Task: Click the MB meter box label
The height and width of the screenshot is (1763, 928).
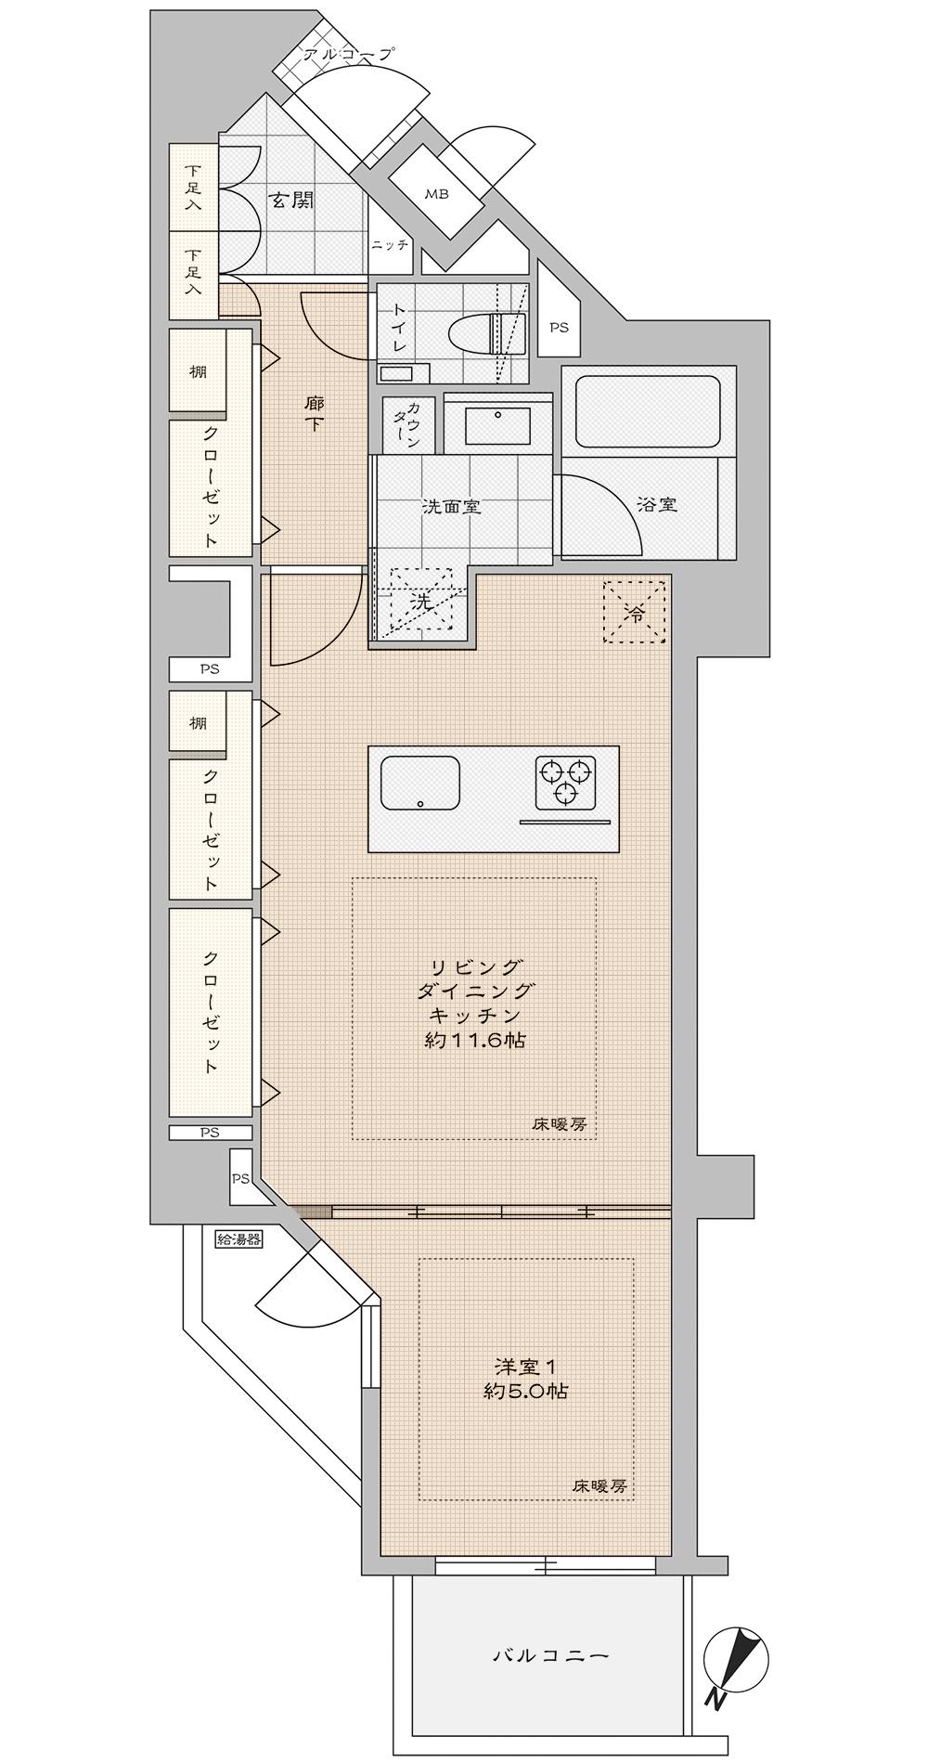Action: (436, 195)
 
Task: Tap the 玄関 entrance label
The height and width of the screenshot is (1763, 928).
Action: (290, 200)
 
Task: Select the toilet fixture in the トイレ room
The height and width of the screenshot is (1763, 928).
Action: (485, 333)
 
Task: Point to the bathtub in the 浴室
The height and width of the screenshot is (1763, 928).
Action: (648, 410)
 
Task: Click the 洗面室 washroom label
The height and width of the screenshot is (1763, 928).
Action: (451, 507)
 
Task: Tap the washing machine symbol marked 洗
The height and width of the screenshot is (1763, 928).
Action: (422, 602)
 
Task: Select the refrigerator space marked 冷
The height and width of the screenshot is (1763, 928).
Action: (635, 612)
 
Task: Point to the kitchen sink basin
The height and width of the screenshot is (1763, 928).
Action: (420, 783)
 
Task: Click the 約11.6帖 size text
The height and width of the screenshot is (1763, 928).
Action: (475, 1040)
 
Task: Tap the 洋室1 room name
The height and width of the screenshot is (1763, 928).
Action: (524, 1367)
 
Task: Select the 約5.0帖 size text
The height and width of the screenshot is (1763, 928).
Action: (525, 1392)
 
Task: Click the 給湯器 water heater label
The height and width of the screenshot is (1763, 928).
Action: (238, 1238)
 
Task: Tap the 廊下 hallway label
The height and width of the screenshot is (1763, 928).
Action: (315, 415)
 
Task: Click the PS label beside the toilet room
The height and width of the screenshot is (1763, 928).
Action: (559, 328)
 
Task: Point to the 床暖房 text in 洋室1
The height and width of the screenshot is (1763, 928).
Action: (599, 1486)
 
